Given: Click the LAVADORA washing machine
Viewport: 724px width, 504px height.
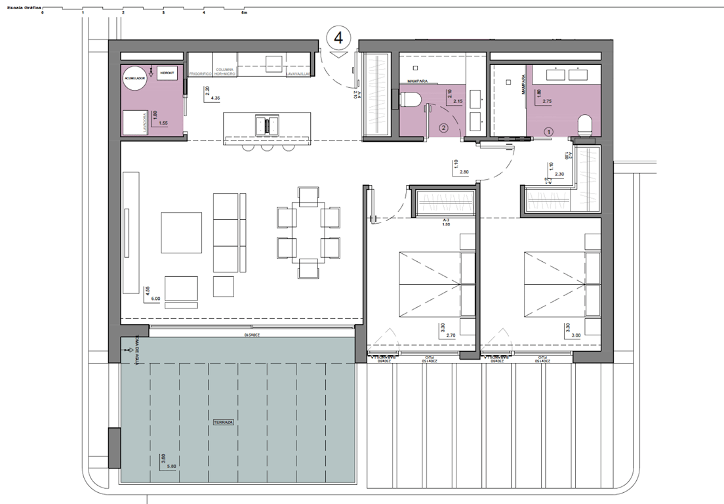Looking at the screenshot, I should [x=134, y=123].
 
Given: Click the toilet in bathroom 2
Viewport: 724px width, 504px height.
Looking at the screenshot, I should [x=411, y=100].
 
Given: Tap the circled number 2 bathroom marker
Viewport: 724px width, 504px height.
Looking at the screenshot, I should [x=444, y=129].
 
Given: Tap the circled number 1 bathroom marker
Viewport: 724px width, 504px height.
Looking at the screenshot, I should [x=550, y=131].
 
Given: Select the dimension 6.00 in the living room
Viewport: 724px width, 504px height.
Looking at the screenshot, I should [x=155, y=299].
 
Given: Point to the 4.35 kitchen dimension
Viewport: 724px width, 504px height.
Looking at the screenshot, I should [x=215, y=98].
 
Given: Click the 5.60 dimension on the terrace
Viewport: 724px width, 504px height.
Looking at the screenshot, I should [x=172, y=466].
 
